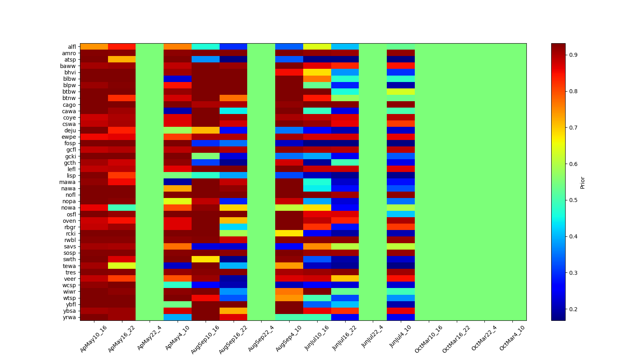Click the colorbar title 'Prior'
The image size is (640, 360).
pos(582,182)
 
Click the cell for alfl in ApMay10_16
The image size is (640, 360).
pos(94,47)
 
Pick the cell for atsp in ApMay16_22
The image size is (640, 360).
pos(122,60)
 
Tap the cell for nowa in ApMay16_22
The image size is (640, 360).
pos(122,208)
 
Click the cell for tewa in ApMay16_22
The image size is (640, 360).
pos(122,266)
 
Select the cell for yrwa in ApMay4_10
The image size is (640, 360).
pos(178,317)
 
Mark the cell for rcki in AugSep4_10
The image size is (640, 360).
pos(289,234)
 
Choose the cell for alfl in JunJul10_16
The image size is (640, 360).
pos(317,47)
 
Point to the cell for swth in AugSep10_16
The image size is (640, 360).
pos(206,259)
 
